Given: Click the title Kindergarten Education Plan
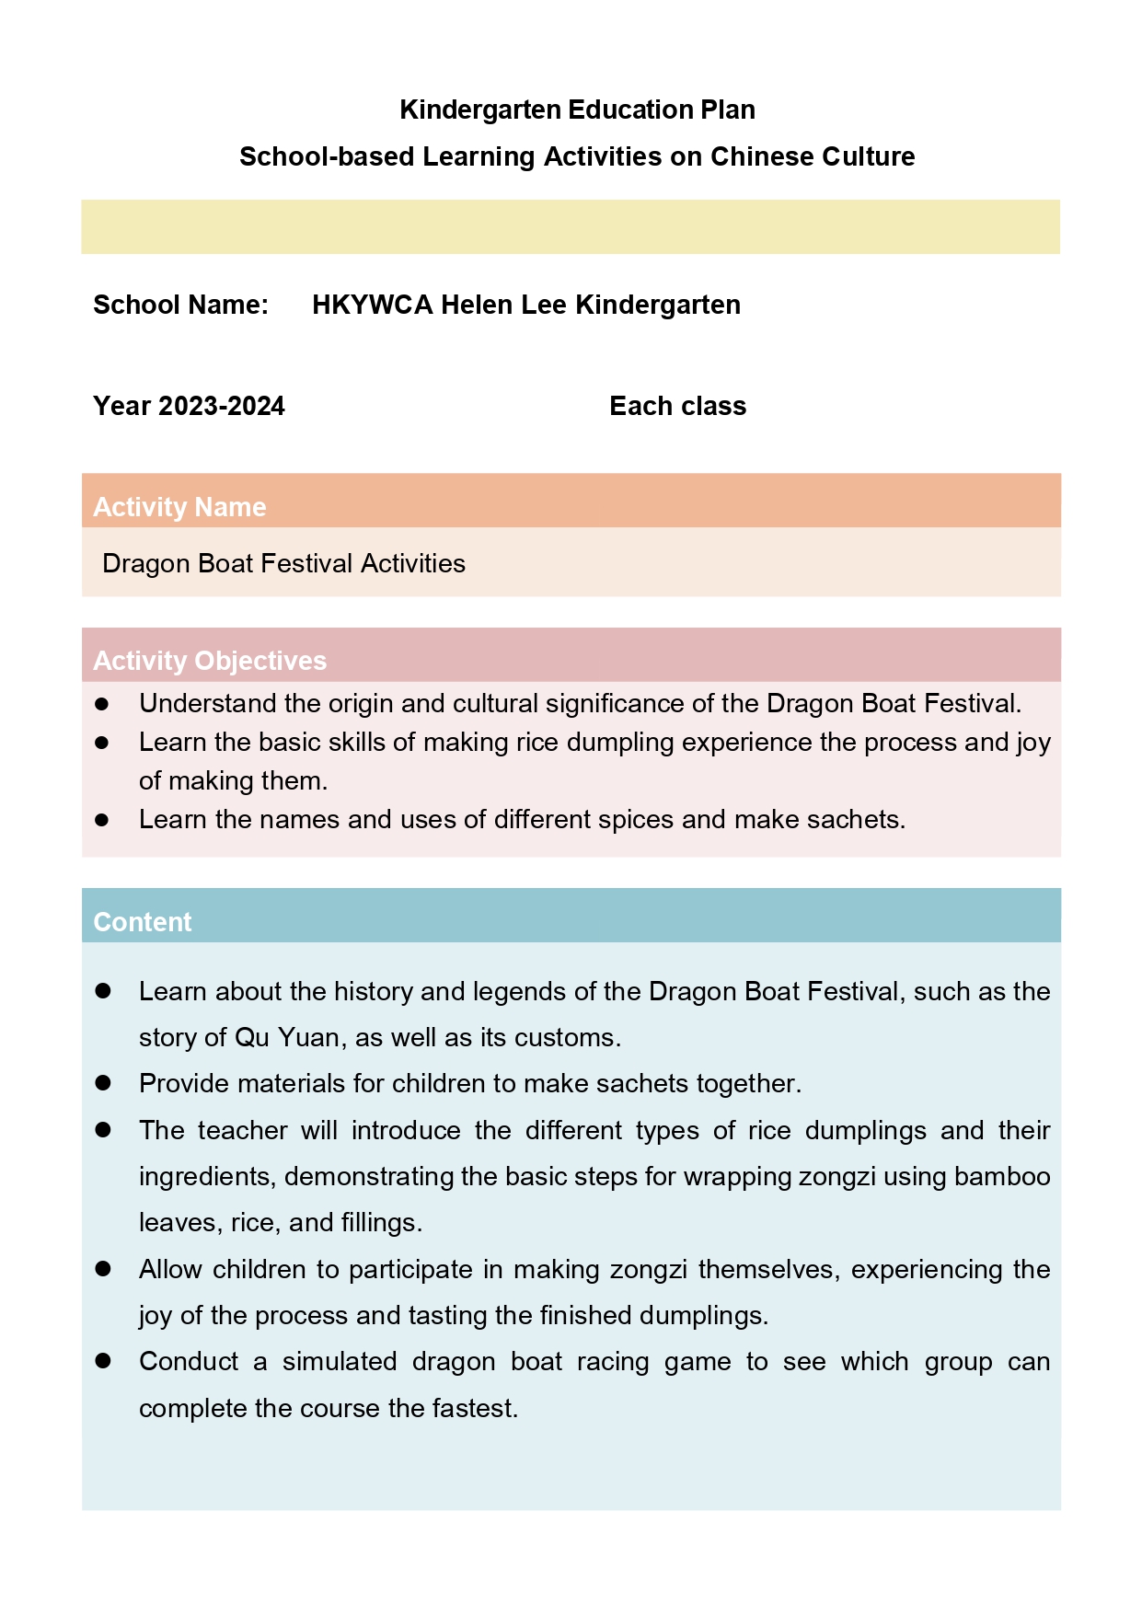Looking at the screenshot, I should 577,110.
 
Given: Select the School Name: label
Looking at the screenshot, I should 180,305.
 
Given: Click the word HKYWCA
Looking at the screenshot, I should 372,305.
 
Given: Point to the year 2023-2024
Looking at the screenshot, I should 221,406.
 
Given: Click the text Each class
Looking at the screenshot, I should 677,406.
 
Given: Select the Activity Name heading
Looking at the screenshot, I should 179,507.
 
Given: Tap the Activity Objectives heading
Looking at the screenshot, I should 210,661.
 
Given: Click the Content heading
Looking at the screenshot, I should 143,922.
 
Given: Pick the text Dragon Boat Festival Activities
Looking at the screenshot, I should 283,563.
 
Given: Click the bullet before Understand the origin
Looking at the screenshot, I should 102,704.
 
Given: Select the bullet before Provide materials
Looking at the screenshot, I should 103,1084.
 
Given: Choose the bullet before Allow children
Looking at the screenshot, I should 103,1269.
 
